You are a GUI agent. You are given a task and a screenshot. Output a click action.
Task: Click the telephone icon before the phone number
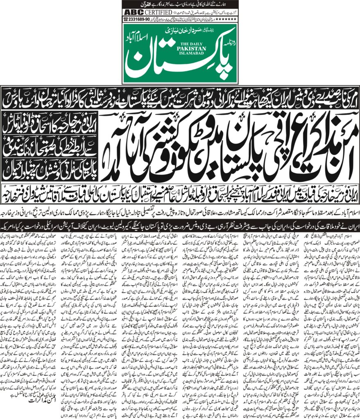coord(126,19)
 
